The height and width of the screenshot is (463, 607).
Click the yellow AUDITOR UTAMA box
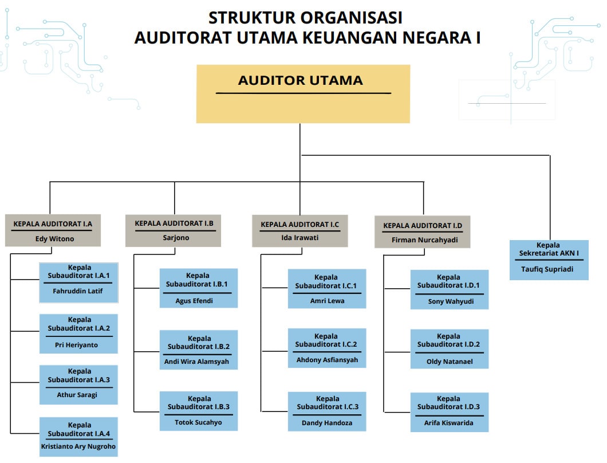tap(303, 94)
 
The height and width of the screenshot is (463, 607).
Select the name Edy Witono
tap(54, 239)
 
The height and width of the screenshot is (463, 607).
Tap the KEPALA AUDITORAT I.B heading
tap(174, 223)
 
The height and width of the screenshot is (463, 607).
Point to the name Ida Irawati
tap(300, 237)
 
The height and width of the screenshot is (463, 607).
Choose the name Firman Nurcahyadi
tap(425, 240)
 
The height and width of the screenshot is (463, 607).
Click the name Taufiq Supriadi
tap(547, 269)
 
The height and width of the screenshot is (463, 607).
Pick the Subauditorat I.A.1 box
tap(78, 283)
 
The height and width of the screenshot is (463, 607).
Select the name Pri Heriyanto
tap(76, 345)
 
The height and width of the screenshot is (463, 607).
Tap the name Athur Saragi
tap(77, 395)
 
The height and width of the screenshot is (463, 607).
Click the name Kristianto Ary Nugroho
tap(78, 446)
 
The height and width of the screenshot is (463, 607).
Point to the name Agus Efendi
tap(194, 301)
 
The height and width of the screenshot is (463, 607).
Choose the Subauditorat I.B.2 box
tap(199, 350)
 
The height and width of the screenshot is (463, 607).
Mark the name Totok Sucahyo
tap(198, 422)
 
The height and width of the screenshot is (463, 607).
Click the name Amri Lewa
tap(327, 301)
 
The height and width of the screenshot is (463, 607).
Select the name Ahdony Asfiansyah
tap(327, 360)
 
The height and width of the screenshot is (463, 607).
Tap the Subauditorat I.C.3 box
tap(327, 411)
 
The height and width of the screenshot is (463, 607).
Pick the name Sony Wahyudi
tap(451, 301)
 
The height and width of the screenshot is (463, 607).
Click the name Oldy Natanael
tap(450, 362)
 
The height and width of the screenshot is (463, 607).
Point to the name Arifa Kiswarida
tap(449, 423)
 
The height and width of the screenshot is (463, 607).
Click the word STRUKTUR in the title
tap(252, 18)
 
